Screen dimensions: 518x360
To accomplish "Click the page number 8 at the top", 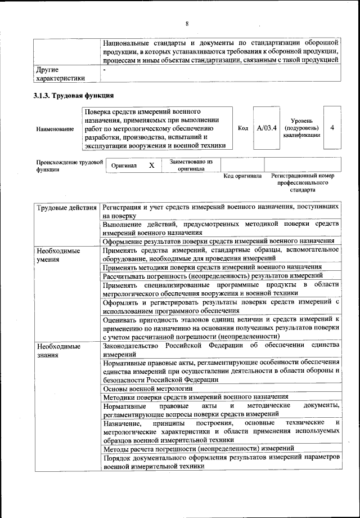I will (186, 23).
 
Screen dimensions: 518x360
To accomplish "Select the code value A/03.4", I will (267, 128).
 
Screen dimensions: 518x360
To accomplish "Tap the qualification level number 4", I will (332, 128).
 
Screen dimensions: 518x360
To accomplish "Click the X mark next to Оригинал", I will (151, 166).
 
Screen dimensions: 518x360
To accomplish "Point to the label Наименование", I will (55, 129).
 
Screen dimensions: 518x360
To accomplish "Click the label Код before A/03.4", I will (243, 128).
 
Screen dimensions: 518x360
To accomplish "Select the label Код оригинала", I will (242, 176).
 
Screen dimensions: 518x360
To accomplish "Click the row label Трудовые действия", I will (66, 208).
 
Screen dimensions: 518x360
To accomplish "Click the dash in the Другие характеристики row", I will (105, 69).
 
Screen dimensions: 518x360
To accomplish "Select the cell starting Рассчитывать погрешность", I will (213, 276).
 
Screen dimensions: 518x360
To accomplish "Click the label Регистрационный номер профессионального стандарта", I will (303, 182).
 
